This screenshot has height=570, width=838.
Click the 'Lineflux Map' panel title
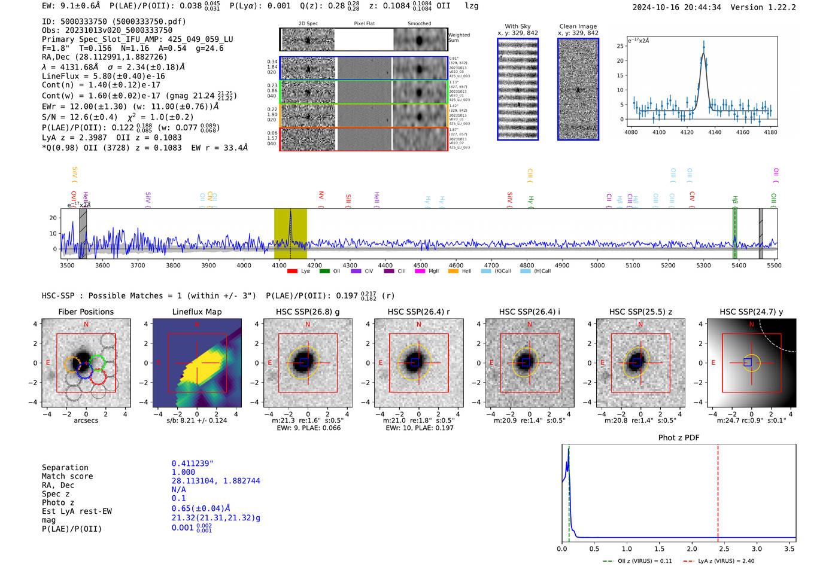click(x=196, y=312)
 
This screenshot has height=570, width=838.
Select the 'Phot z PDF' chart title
click(x=679, y=438)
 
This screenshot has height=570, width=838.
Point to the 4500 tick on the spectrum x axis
click(x=421, y=265)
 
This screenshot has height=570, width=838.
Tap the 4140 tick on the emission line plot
click(x=715, y=132)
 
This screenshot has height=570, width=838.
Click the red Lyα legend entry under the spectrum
click(x=299, y=271)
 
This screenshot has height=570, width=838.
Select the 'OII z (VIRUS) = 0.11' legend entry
click(x=637, y=561)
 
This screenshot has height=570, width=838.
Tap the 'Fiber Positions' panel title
click(x=86, y=312)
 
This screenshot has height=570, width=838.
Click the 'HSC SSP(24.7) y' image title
click(x=751, y=312)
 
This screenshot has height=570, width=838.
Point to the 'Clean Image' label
click(x=578, y=26)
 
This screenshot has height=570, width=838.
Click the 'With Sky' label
click(x=517, y=26)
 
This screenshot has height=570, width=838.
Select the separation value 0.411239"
click(x=192, y=464)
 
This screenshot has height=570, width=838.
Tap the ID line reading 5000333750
click(x=114, y=22)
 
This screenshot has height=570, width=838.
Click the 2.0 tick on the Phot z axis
click(x=692, y=548)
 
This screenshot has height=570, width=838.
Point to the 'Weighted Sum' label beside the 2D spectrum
click(x=459, y=38)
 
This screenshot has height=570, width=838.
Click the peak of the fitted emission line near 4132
click(x=703, y=54)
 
